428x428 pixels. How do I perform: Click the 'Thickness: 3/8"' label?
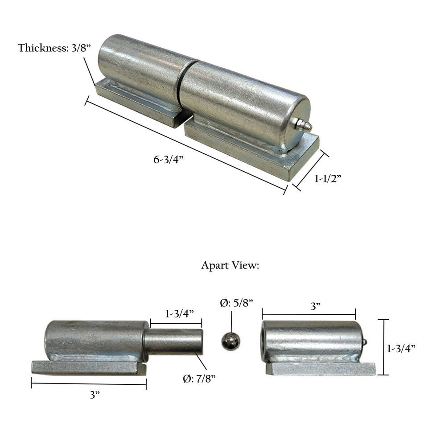tap(54, 48)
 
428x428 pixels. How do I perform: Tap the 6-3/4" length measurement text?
tap(169, 159)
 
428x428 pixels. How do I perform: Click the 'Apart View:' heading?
tap(230, 265)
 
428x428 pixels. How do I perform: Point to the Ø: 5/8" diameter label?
tap(236, 303)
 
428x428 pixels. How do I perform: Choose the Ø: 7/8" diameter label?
tap(199, 379)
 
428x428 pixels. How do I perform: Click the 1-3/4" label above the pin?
tap(179, 313)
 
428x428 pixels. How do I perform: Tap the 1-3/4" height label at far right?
tap(402, 348)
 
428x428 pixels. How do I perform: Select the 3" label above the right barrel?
tap(316, 306)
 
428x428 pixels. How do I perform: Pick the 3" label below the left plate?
tap(93, 395)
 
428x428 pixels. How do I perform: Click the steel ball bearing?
tap(230, 342)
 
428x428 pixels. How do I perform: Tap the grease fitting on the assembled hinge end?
tap(303, 125)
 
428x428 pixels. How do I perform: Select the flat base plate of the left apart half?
tap(89, 367)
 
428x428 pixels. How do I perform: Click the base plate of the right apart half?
tap(321, 368)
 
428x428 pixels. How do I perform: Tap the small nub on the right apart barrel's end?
tap(364, 342)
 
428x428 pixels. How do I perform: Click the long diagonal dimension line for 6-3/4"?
tap(185, 147)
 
